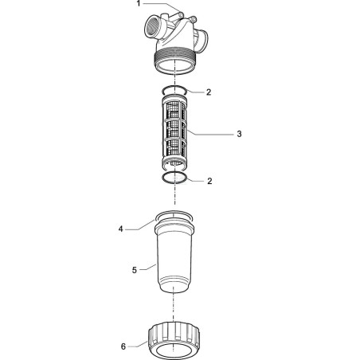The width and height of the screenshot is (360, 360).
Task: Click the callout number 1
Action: tap(139, 4)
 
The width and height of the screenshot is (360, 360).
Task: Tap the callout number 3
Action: tap(239, 134)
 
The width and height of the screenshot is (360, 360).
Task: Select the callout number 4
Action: tap(121, 229)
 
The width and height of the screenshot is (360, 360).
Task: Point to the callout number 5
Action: tap(135, 270)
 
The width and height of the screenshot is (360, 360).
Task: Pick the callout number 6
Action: tap(123, 346)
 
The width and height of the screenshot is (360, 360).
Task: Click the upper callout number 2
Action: tap(209, 92)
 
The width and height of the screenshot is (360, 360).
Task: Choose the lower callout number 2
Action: tap(209, 181)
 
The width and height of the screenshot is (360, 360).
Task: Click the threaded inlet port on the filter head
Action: tap(151, 28)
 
